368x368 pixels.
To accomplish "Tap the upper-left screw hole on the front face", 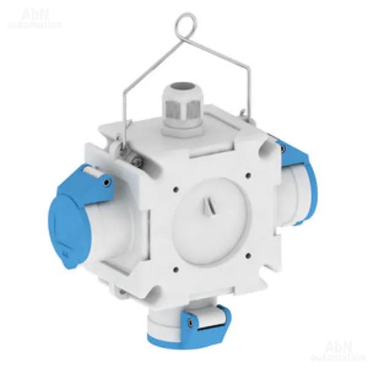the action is pyautogui.click(x=176, y=189).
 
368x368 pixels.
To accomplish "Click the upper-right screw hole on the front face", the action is pyautogui.click(x=248, y=175).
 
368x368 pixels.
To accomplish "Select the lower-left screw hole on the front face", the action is pyautogui.click(x=176, y=270).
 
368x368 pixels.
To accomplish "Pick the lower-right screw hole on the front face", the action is pyautogui.click(x=249, y=255).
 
